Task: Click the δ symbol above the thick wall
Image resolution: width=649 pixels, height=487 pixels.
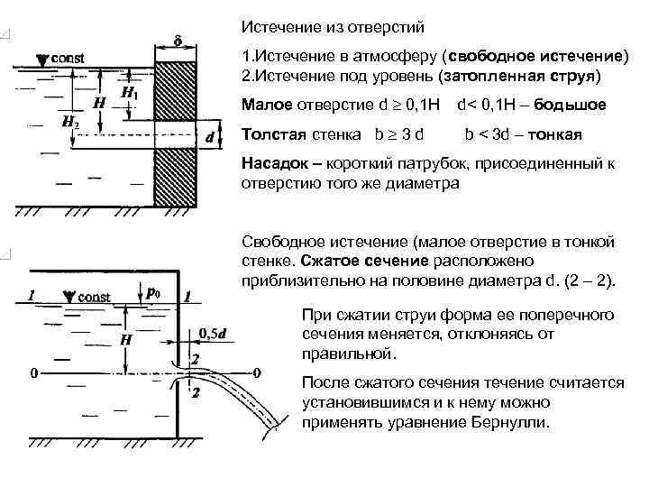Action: point(177,41)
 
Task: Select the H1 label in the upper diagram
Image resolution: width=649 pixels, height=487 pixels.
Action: point(129,93)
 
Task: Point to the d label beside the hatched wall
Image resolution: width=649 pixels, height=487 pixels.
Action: point(209,139)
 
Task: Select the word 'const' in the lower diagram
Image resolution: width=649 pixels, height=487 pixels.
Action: point(93,297)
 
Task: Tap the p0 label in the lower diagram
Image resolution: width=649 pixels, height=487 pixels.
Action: point(153,294)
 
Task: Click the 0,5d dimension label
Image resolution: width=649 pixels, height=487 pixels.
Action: point(212,333)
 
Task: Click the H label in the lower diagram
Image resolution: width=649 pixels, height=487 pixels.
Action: point(126,339)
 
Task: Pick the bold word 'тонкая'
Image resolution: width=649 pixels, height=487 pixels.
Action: point(558,135)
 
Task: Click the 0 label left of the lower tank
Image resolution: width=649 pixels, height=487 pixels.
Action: point(33,372)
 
